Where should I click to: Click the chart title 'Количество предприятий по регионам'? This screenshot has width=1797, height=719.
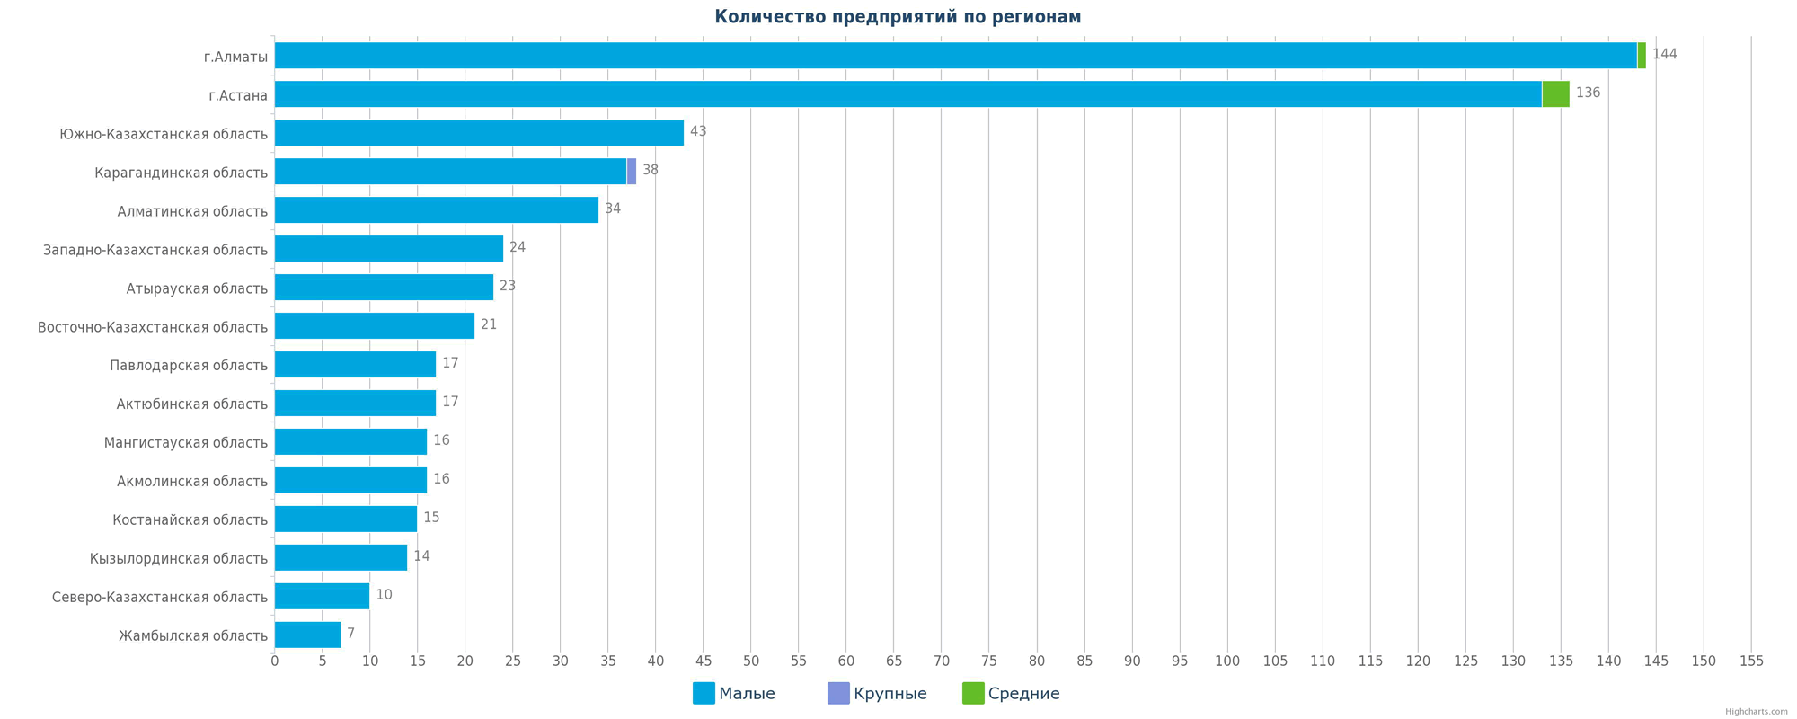click(x=898, y=17)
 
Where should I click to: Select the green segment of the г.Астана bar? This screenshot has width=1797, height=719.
click(x=1555, y=94)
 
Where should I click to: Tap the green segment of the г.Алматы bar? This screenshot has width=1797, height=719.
click(x=1642, y=56)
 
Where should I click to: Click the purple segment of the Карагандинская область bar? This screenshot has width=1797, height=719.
click(x=632, y=172)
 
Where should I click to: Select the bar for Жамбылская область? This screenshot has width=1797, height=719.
click(x=307, y=635)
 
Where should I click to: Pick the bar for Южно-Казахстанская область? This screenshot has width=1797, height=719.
click(x=479, y=133)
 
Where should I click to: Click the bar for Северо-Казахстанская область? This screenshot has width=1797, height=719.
click(x=322, y=596)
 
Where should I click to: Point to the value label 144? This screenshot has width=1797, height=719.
click(x=1664, y=55)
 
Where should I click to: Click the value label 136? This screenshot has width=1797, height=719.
click(x=1588, y=93)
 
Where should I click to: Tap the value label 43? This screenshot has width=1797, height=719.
click(x=698, y=132)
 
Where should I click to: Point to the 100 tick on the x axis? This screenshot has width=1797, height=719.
click(x=1227, y=661)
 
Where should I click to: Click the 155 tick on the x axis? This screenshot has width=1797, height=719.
click(x=1751, y=661)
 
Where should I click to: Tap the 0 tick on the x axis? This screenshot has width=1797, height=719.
click(x=275, y=661)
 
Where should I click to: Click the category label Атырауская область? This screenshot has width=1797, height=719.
click(x=197, y=288)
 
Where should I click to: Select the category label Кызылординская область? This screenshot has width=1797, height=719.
click(x=179, y=559)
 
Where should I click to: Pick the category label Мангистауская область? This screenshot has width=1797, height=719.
click(x=186, y=443)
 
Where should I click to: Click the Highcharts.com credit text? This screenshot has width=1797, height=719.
click(x=1756, y=712)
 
